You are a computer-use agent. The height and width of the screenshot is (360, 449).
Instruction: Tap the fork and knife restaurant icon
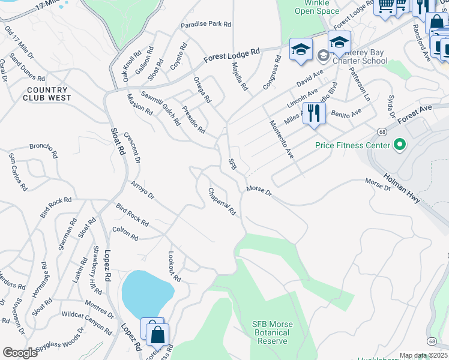314,113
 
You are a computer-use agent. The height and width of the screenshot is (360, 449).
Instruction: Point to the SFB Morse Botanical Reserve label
272,332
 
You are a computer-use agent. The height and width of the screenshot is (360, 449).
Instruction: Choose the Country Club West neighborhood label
47,94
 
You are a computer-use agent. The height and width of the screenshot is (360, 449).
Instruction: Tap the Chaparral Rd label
222,203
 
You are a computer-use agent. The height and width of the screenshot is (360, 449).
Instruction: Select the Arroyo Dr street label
142,191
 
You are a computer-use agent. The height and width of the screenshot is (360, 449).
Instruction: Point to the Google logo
20,353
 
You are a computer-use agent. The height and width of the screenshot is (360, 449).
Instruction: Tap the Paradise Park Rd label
206,25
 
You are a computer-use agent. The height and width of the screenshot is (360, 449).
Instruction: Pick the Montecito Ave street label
281,139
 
